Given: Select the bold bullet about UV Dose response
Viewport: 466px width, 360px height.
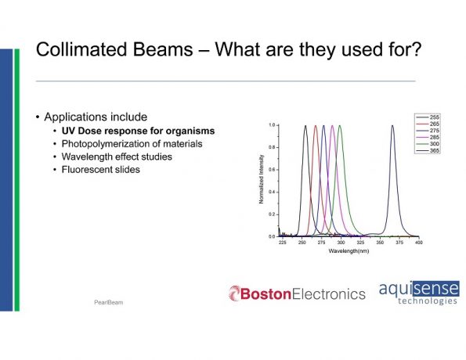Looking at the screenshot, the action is click(x=138, y=131).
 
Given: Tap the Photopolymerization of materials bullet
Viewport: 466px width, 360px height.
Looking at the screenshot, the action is click(x=132, y=144).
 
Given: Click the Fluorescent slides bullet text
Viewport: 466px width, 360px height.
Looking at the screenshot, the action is click(x=101, y=170).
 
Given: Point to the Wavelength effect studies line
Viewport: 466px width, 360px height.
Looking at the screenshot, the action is click(x=117, y=157).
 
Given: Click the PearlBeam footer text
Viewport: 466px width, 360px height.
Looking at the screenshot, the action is click(x=109, y=302).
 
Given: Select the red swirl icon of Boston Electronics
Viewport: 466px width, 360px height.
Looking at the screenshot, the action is click(x=234, y=293).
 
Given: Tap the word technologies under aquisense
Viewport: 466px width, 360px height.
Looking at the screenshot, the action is click(x=428, y=301).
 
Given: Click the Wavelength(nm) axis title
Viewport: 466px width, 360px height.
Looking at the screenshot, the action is click(x=349, y=251).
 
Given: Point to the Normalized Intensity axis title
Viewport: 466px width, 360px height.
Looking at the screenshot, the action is click(x=262, y=179).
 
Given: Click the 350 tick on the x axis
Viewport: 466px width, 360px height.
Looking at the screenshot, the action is click(x=380, y=243).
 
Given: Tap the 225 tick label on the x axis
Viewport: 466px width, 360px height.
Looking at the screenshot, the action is click(x=282, y=243).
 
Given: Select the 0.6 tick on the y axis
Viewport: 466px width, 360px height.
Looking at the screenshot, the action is click(x=272, y=170).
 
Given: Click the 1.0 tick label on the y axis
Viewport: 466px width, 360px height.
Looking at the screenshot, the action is click(x=272, y=125).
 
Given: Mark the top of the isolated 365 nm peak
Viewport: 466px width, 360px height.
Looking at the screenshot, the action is click(x=392, y=126).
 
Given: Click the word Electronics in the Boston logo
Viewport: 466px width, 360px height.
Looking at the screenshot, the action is click(x=329, y=293).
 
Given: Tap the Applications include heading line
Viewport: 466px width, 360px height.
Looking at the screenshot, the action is click(x=96, y=117).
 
